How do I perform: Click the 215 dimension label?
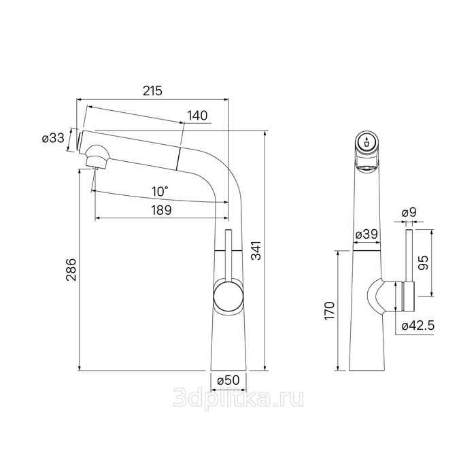click(153, 90)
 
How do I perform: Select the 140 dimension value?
click(197, 116)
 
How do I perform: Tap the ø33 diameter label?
click(54, 139)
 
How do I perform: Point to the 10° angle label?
click(160, 192)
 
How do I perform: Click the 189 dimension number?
click(162, 210)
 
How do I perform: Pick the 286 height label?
click(72, 269)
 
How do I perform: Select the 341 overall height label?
click(256, 250)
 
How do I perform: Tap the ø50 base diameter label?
click(228, 380)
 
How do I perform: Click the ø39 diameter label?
click(367, 234)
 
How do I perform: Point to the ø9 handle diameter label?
click(409, 212)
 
